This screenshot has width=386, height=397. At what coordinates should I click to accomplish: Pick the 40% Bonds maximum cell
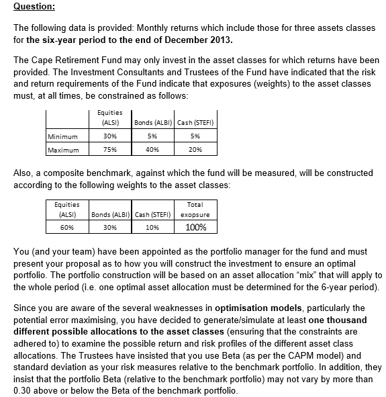(x=155, y=150)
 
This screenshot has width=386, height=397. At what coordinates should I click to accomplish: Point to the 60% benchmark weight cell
(x=66, y=227)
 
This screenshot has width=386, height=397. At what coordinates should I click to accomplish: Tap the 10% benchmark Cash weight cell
(x=152, y=227)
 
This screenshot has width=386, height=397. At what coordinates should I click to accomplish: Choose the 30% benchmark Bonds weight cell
(x=109, y=227)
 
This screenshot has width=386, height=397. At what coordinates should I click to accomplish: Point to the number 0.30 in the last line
(x=24, y=391)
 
